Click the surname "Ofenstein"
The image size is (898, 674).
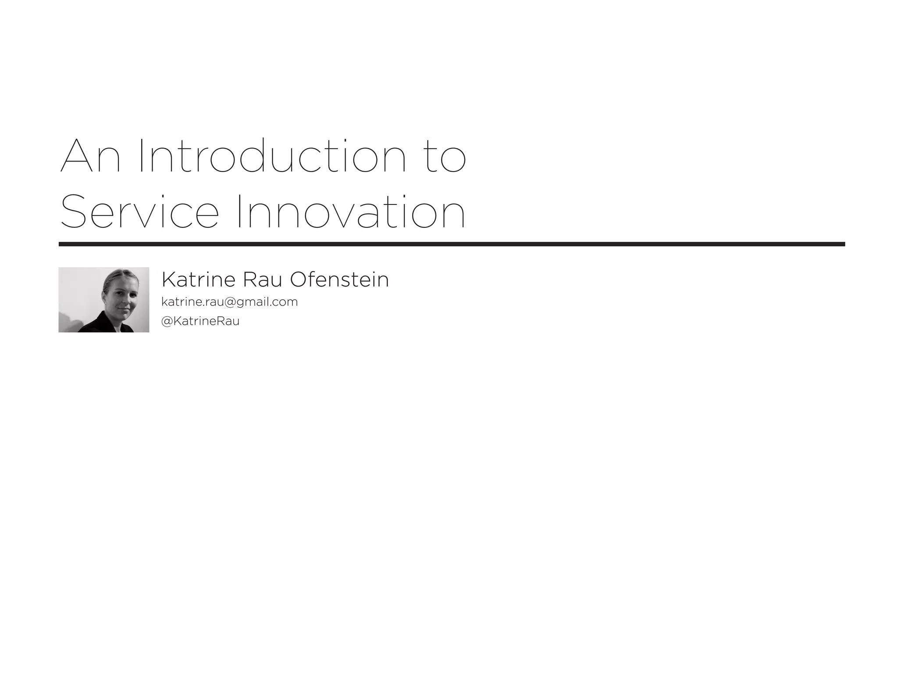click(x=339, y=280)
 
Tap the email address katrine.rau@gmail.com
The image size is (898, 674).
click(x=229, y=302)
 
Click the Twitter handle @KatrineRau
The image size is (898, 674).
click(x=200, y=321)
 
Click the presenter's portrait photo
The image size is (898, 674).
click(x=104, y=300)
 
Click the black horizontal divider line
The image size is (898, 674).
click(x=452, y=244)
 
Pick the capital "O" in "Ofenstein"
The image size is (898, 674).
click(x=301, y=280)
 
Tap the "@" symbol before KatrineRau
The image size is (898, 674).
click(x=167, y=321)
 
